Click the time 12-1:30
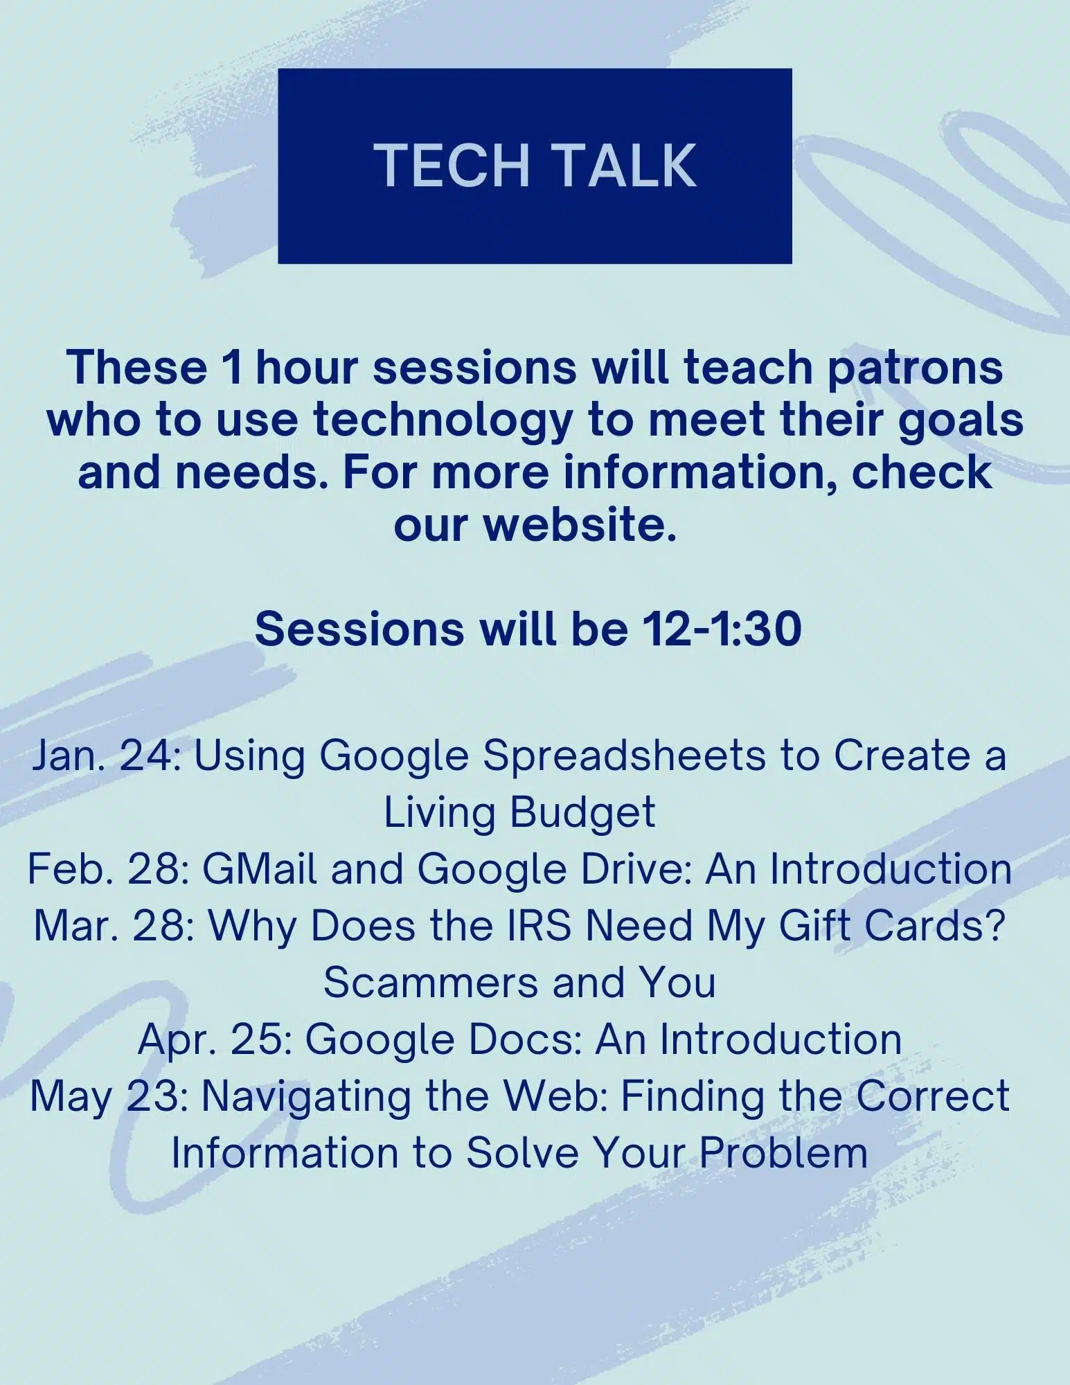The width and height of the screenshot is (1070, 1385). [x=722, y=629]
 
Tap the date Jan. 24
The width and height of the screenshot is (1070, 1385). [x=106, y=756]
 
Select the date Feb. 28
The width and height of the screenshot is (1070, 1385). [x=108, y=869]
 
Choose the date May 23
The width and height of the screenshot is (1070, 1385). [x=109, y=1096]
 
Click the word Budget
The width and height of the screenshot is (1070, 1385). [x=582, y=812]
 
